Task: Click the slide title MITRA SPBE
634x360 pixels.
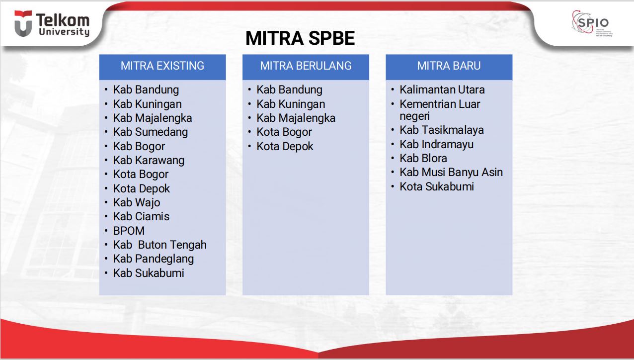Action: coord(300,38)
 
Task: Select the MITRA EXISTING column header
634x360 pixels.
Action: coord(162,66)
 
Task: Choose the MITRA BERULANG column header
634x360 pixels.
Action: coord(306,66)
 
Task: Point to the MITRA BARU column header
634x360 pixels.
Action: coord(449,66)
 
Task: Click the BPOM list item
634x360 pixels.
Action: coord(129,231)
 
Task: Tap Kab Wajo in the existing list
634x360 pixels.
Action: coord(137,202)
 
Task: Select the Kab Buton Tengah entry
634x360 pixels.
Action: coord(159,245)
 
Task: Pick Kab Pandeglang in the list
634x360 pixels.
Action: coord(153,259)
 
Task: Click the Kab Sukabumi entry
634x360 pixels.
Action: coord(149,273)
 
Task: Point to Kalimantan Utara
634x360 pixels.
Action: coord(442,90)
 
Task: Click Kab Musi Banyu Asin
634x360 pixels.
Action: coord(451,172)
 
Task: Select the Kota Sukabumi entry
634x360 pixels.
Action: coord(437,186)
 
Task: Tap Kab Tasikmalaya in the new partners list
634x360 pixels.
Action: coord(442,130)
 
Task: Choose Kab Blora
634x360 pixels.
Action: coord(423,158)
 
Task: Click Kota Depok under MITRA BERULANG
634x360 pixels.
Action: coord(285,146)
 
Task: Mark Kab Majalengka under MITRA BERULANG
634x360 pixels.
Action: coord(296,118)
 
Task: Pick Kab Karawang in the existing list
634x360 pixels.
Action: coord(149,160)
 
